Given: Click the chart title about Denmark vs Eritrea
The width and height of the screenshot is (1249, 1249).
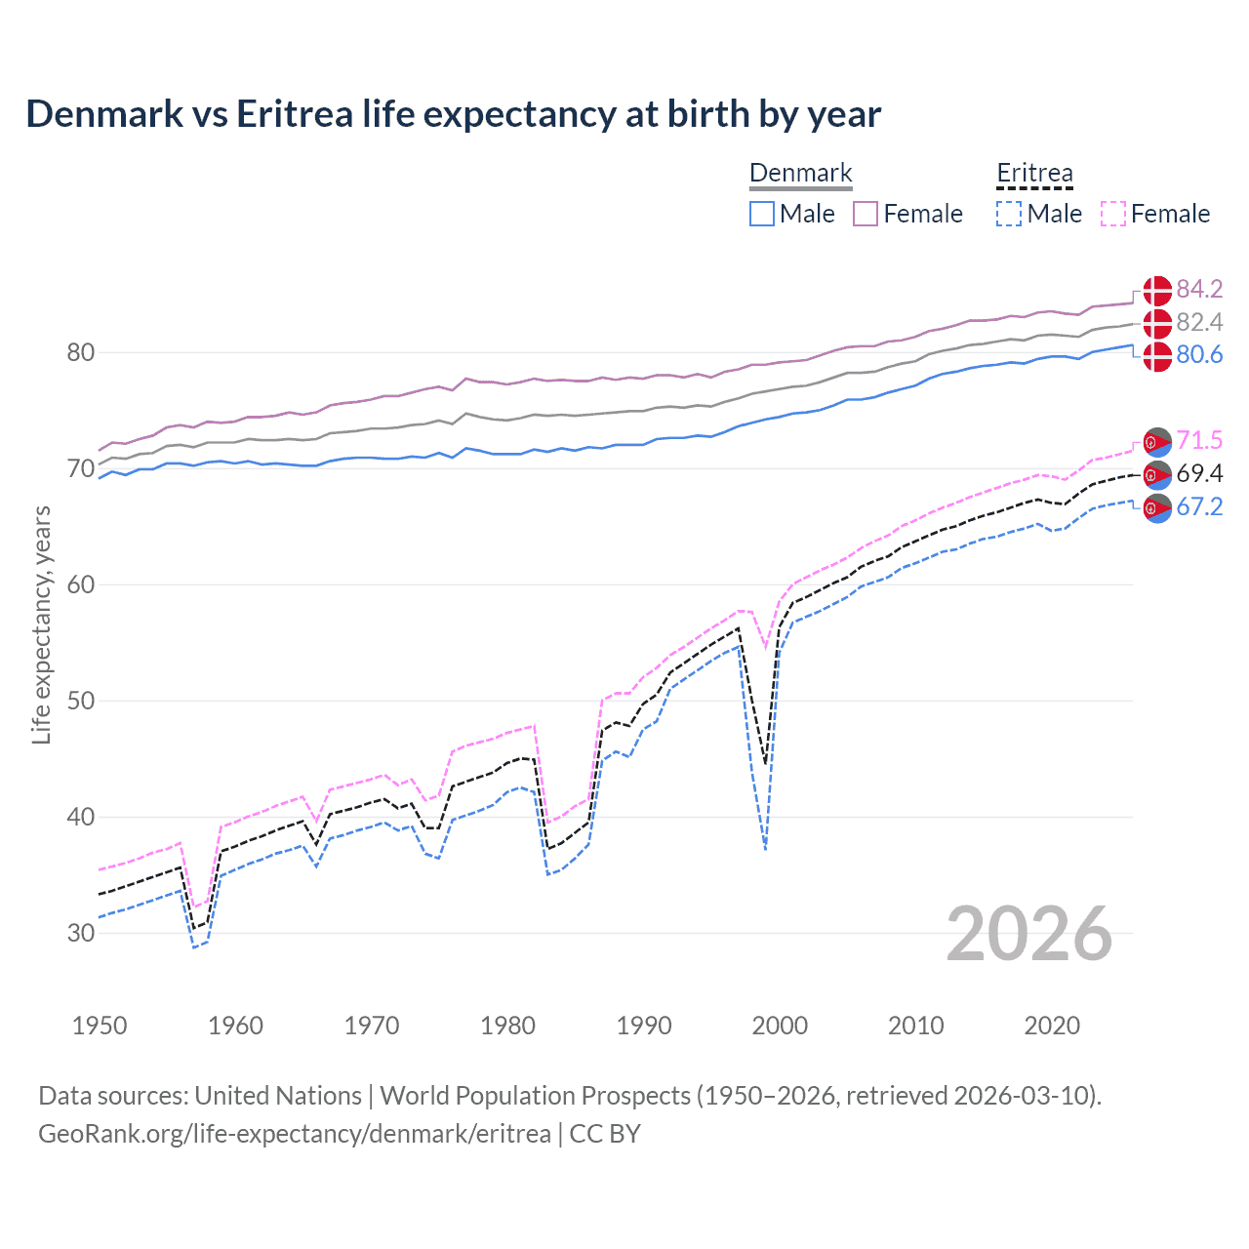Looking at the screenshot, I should pos(453,114).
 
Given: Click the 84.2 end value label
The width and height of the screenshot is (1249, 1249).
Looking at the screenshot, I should pos(1199,289).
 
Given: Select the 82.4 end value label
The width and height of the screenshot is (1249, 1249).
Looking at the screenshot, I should pos(1199,322).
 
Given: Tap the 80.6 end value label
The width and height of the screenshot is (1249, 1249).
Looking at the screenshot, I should pos(1199,354).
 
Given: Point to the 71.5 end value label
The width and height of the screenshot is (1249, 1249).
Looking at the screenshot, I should pos(1199,440).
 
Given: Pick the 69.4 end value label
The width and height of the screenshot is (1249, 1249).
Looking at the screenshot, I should pos(1199,473).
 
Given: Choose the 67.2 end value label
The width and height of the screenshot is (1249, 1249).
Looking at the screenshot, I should pos(1199,506).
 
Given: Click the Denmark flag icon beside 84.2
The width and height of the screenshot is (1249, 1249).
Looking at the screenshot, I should pos(1157,290).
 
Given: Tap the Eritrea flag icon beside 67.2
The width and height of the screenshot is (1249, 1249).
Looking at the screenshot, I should pos(1157,508).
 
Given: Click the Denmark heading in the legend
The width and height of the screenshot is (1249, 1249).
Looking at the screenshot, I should pos(800,174).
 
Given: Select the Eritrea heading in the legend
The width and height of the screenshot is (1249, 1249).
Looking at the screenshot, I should pos(1034,174).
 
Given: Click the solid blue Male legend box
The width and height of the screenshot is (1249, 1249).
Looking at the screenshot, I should pos(762,214).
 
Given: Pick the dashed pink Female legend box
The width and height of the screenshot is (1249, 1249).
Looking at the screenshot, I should pos(1113,214).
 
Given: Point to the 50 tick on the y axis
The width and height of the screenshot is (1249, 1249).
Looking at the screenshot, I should pos(81,701).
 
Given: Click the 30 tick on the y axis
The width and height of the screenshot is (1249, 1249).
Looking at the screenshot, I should pos(81,933).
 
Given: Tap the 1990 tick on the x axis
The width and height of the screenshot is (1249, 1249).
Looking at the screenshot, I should pos(644,1026).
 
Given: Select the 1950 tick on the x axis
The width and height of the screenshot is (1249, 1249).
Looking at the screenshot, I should pos(100,1026).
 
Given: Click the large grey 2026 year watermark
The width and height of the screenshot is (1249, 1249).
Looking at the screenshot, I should pos(1029,934).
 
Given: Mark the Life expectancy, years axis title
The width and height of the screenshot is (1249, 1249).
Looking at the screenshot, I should pos(41,624).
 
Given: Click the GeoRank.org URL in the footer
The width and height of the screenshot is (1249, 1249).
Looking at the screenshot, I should pos(294,1133).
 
